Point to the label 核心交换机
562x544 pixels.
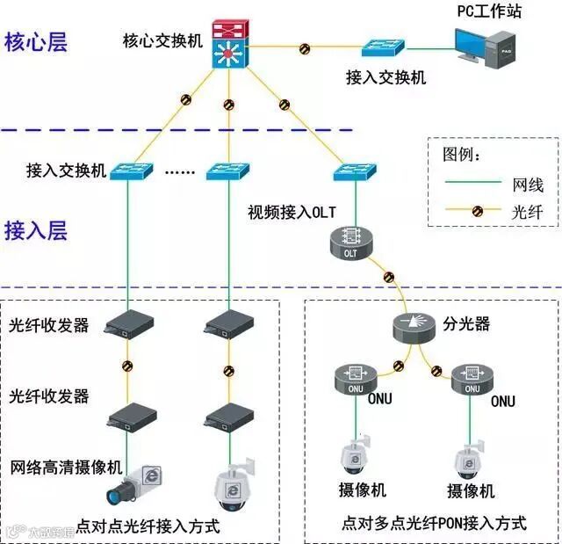click(162, 41)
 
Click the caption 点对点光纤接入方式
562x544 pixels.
click(148, 527)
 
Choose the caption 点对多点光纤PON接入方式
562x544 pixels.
click(434, 524)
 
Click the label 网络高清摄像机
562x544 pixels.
click(67, 465)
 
